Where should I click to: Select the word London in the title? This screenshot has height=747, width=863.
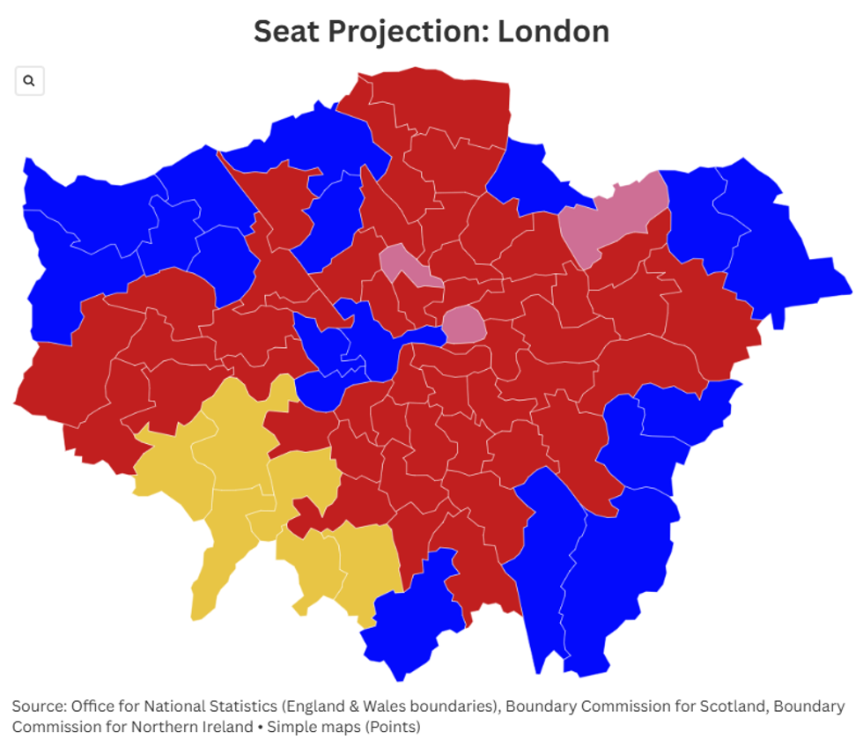553,32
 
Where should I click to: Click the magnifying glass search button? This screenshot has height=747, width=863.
29,81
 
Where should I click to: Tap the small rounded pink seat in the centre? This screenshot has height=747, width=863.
464,325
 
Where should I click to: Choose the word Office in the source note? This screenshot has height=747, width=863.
91,706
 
